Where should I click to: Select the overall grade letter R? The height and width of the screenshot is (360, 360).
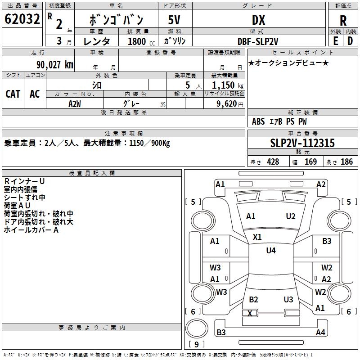[343, 20]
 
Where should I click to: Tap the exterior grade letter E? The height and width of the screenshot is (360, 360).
[335, 40]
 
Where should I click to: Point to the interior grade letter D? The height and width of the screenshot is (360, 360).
[350, 40]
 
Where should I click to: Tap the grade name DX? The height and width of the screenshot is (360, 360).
[258, 20]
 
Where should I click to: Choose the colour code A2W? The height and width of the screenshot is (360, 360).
[74, 103]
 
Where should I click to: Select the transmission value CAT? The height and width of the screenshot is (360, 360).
[13, 94]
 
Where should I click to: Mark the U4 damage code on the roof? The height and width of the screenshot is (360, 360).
[271, 251]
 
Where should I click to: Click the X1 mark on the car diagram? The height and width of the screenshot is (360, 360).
[257, 237]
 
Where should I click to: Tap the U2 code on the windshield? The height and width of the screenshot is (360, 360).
[291, 216]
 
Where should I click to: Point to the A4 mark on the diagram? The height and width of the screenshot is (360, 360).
[320, 333]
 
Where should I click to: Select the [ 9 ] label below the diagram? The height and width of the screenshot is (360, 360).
[197, 345]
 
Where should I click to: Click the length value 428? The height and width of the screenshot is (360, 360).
[273, 162]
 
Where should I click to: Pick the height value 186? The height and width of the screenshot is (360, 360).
[346, 162]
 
